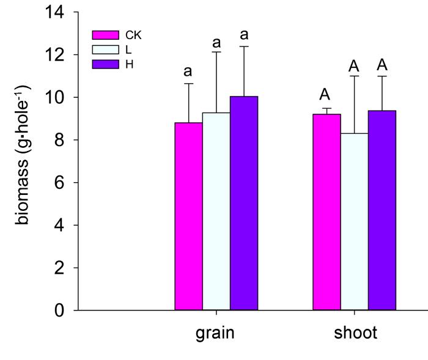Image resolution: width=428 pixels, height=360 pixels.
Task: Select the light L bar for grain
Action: [x=216, y=211]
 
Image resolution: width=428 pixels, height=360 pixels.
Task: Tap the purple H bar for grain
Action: [x=243, y=203]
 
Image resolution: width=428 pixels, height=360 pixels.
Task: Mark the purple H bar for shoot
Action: [x=382, y=210]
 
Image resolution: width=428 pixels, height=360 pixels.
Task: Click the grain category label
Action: [x=215, y=334]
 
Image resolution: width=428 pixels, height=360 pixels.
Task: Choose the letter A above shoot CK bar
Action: [x=325, y=95]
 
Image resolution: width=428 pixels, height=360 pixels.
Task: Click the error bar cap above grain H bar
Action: [x=244, y=46]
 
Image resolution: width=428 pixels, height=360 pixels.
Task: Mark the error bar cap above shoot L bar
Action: [x=354, y=76]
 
